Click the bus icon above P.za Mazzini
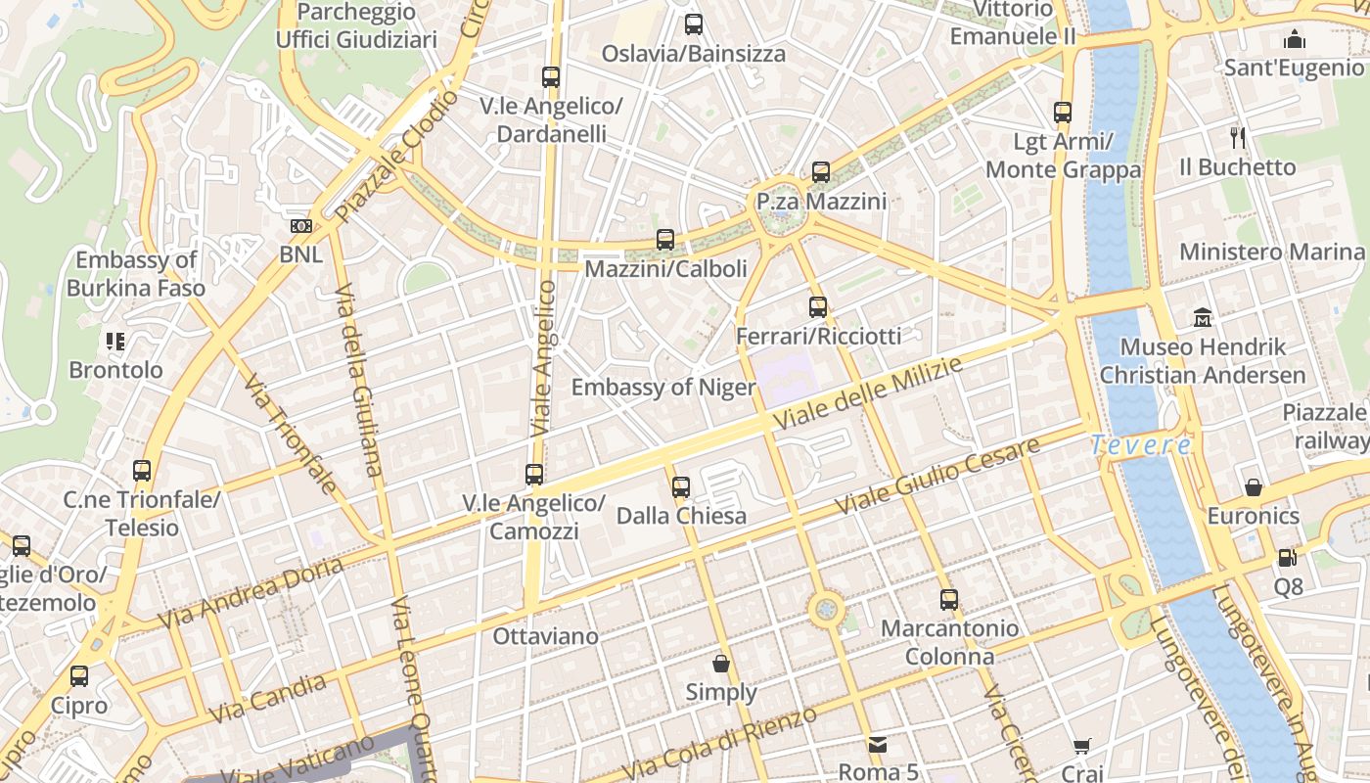pyautogui.click(x=820, y=172)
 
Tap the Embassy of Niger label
pyautogui.click(x=662, y=388)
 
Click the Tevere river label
pyautogui.click(x=1141, y=445)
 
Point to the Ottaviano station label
pyautogui.click(x=545, y=636)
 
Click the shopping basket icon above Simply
pyautogui.click(x=721, y=664)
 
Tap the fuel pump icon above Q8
pyautogui.click(x=1288, y=558)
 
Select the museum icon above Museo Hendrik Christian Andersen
pyautogui.click(x=1203, y=318)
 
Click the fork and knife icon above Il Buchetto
pyautogui.click(x=1238, y=137)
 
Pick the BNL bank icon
pyautogui.click(x=300, y=226)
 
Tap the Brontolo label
pyautogui.click(x=115, y=370)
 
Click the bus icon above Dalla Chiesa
pyautogui.click(x=681, y=486)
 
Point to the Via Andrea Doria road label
pyautogui.click(x=251, y=594)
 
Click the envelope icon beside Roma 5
pyautogui.click(x=877, y=744)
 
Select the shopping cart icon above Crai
pyautogui.click(x=1081, y=747)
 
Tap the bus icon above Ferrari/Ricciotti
pyautogui.click(x=818, y=307)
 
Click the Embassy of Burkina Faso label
pyautogui.click(x=136, y=274)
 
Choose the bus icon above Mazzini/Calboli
pyautogui.click(x=665, y=239)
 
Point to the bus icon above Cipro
pyautogui.click(x=79, y=675)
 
